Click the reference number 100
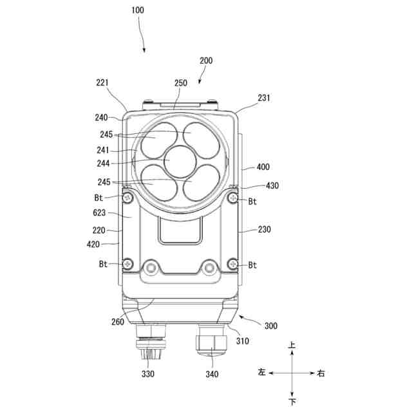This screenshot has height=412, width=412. pyautogui.click(x=138, y=10)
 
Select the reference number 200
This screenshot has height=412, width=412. pyautogui.click(x=206, y=61)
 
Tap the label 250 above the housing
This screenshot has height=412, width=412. pyautogui.click(x=181, y=83)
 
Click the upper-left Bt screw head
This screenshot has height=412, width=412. pyautogui.click(x=128, y=196)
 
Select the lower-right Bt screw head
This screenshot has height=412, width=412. pyautogui.click(x=234, y=264)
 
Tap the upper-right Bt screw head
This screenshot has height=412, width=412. pyautogui.click(x=234, y=196)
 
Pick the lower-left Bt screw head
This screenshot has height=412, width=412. pyautogui.click(x=128, y=264)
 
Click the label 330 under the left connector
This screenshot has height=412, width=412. pyautogui.click(x=148, y=373)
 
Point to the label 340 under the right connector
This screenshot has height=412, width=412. pyautogui.click(x=212, y=374)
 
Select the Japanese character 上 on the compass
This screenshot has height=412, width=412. pyautogui.click(x=292, y=346)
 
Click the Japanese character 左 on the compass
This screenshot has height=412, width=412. pyautogui.click(x=261, y=373)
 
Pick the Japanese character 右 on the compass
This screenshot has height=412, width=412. pyautogui.click(x=322, y=373)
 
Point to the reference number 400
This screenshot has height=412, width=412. pyautogui.click(x=263, y=167)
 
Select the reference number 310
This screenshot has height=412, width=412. pyautogui.click(x=242, y=341)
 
